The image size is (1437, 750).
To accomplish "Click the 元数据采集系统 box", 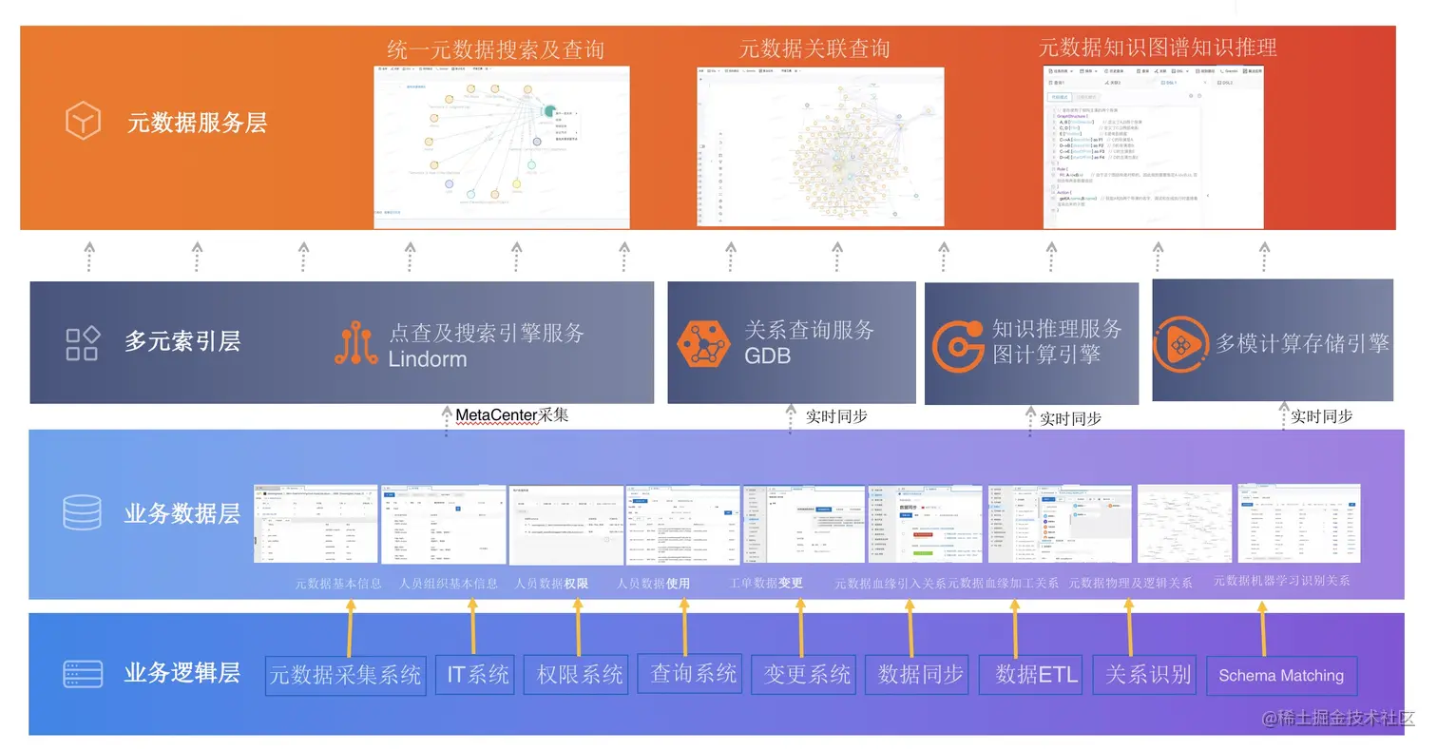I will click(346, 675).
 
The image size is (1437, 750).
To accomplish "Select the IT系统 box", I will click(478, 675).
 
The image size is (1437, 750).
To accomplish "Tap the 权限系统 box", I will click(580, 675).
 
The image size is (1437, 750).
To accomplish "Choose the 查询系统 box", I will click(694, 674).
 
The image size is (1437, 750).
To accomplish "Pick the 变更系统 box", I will click(807, 675).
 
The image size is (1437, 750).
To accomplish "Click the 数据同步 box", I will click(920, 675).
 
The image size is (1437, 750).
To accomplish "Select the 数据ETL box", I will click(1037, 675).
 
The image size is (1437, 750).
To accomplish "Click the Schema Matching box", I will click(1281, 676).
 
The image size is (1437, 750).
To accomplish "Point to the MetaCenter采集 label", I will click(511, 415).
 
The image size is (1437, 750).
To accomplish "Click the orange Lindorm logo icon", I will click(356, 343).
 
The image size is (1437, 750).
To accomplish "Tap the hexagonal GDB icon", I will click(703, 343).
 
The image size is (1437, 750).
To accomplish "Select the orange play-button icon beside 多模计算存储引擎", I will click(1181, 343).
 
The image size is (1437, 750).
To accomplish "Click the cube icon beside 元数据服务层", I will click(83, 122).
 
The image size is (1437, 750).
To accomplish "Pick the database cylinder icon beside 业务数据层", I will click(82, 513).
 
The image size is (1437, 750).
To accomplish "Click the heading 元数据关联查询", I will click(814, 48).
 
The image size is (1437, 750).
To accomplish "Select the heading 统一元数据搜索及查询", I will click(495, 49).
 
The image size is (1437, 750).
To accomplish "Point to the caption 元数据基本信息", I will click(338, 583).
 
